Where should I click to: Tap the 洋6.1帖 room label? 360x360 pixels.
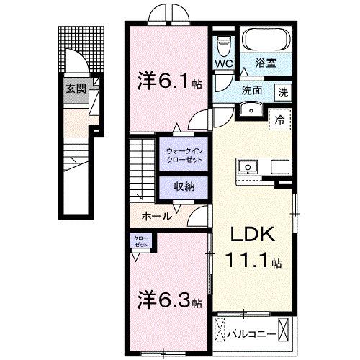[165, 82]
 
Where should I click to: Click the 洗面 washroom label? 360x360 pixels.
[251, 91]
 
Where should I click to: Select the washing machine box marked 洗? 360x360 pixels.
[283, 92]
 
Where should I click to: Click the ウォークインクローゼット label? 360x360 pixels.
[184, 156]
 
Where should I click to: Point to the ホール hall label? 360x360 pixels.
[156, 215]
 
